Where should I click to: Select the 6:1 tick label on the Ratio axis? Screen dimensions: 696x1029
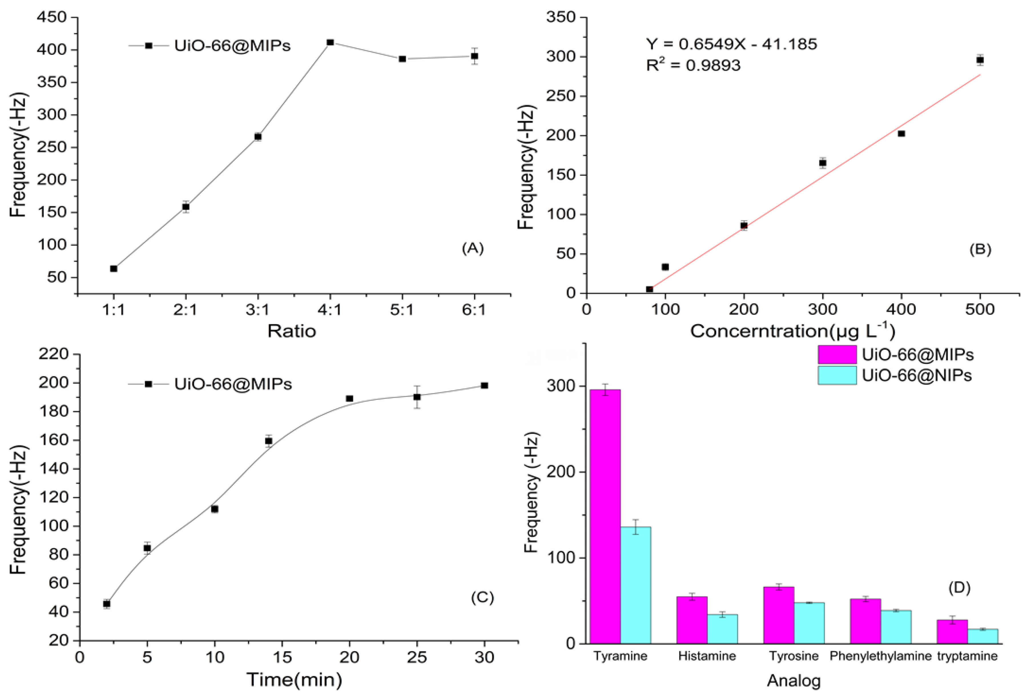click(474, 310)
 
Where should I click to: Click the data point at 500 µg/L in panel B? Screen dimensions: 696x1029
click(980, 60)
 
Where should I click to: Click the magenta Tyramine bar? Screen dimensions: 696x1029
click(605, 516)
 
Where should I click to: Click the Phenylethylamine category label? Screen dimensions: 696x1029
click(880, 656)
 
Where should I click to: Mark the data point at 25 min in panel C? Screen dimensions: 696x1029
click(417, 397)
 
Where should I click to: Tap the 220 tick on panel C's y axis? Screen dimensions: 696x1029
click(54, 354)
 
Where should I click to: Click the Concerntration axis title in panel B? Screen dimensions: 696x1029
click(793, 331)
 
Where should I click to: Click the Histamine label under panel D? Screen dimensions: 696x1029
click(707, 656)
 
